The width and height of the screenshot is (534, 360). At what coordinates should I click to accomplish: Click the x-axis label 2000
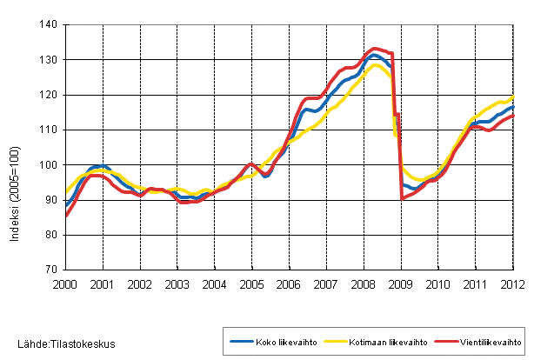pyautogui.click(x=66, y=283)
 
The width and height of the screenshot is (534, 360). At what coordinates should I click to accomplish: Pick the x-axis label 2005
pyautogui.click(x=252, y=283)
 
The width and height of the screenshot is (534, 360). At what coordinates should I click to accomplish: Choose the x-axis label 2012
pyautogui.click(x=513, y=283)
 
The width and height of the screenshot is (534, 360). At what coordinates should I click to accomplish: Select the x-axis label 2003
pyautogui.click(x=177, y=283)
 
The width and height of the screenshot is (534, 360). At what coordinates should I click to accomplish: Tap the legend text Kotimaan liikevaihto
pyautogui.click(x=384, y=342)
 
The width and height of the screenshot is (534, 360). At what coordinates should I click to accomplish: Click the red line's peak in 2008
pyautogui.click(x=375, y=49)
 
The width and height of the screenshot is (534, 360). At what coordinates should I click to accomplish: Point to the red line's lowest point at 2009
pyautogui.click(x=403, y=198)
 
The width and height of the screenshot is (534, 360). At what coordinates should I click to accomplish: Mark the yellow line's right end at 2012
pyautogui.click(x=513, y=97)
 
